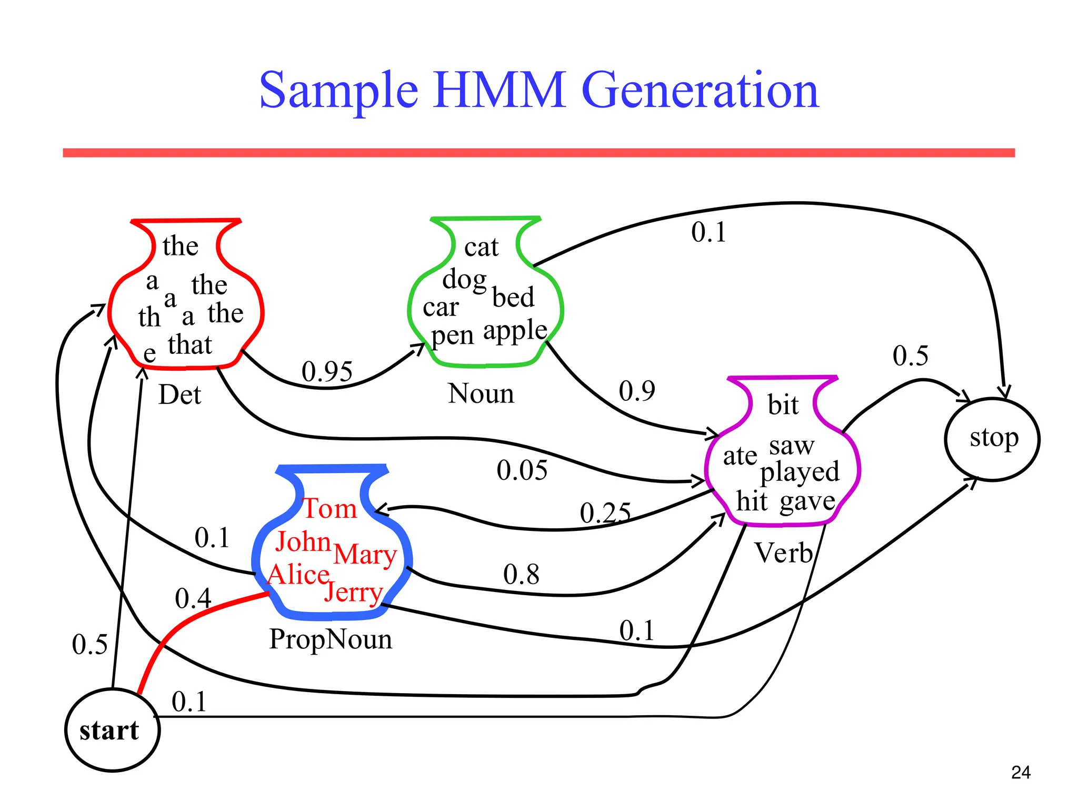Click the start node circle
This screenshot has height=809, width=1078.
[112, 730]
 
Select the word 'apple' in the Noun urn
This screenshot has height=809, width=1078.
[515, 331]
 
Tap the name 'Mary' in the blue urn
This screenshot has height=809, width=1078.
[365, 555]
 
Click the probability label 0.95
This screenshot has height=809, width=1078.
[327, 371]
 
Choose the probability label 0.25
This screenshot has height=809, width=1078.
[605, 512]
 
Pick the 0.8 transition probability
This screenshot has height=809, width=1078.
[521, 574]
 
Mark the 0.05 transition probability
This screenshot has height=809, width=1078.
[522, 470]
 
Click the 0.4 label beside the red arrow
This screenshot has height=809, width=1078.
[193, 599]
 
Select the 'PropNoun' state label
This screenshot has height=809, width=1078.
[331, 639]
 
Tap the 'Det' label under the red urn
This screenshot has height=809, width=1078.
[179, 394]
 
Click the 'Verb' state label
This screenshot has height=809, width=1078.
[784, 553]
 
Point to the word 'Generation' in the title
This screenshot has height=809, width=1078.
[700, 90]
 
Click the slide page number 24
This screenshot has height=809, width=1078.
[1021, 772]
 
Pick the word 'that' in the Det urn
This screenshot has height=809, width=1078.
[190, 345]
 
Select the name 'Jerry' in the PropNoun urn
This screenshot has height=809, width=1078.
[353, 593]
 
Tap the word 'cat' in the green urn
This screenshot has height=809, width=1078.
[481, 247]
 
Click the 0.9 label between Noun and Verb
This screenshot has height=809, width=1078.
[637, 391]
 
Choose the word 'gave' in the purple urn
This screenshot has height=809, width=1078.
[807, 501]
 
